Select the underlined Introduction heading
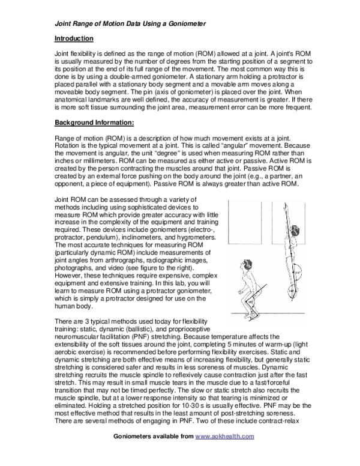coord(74,39)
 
